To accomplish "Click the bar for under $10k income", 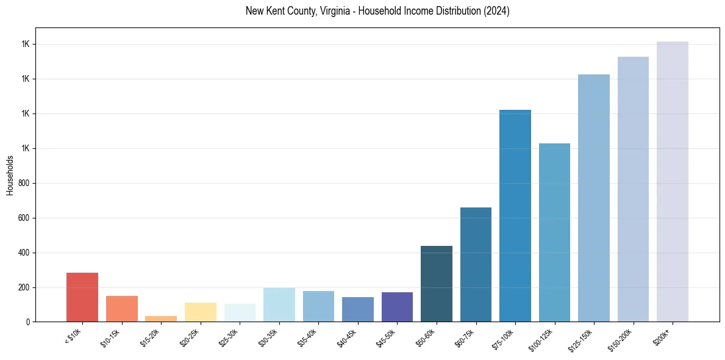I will click(82, 297).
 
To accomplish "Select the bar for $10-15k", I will click(122, 309).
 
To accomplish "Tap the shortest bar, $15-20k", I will click(161, 319).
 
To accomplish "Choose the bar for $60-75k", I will click(476, 265).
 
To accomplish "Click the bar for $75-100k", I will click(515, 216).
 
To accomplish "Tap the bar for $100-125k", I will click(554, 232).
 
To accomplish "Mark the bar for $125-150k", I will click(594, 198).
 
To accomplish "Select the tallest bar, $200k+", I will click(673, 182).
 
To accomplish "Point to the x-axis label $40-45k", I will click(348, 337).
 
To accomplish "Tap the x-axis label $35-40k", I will click(309, 337).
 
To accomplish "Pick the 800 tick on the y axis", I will click(24, 183).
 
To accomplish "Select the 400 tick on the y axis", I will click(24, 253).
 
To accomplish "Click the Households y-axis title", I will click(10, 175).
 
